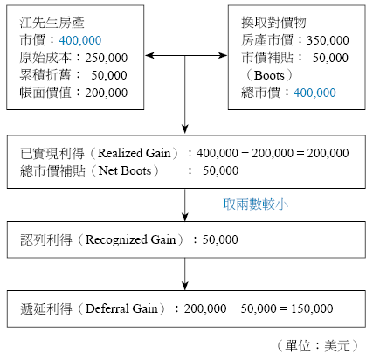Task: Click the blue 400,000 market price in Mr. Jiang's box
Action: coord(80,40)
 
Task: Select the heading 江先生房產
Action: coord(52,23)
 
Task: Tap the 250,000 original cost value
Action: coord(107,58)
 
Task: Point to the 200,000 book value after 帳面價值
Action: coord(107,93)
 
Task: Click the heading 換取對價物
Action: coord(273,23)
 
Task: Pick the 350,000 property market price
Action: coord(328,40)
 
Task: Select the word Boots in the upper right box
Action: coord(269,75)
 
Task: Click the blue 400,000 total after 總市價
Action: coord(314,93)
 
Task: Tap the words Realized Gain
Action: coord(134,153)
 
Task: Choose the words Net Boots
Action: coord(125,170)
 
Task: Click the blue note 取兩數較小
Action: coord(255,204)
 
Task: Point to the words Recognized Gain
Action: coord(131,239)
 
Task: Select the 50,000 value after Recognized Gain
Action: coord(220,239)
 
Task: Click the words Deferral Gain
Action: coord(121,308)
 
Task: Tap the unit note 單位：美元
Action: coord(318,346)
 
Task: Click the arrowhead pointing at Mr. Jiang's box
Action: coord(149,55)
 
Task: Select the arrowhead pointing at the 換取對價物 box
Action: coord(223,55)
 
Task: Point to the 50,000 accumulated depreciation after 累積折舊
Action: coord(109,75)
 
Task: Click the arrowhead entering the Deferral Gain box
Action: coord(185,286)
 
